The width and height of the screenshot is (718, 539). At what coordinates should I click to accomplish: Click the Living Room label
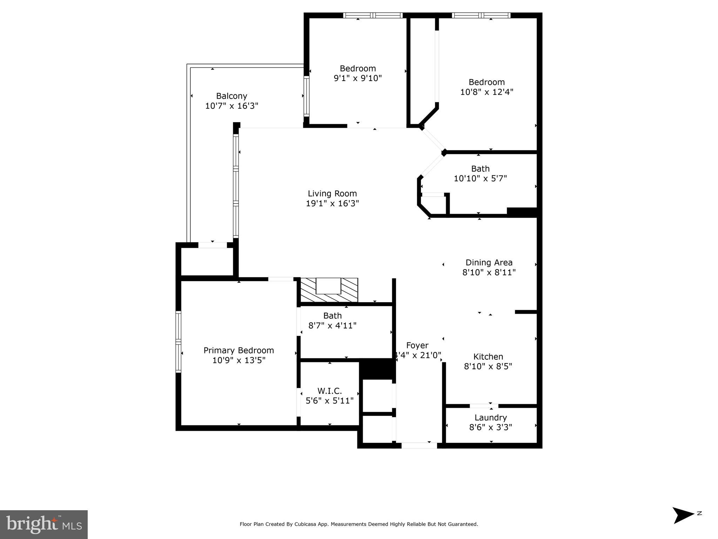click(x=332, y=193)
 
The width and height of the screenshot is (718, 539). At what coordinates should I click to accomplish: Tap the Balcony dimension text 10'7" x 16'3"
click(x=231, y=106)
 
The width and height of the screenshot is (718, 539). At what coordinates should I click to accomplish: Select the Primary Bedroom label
click(x=239, y=350)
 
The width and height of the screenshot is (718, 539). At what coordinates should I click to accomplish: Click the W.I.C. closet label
click(x=329, y=391)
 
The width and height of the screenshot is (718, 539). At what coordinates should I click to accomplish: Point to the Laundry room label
click(x=490, y=418)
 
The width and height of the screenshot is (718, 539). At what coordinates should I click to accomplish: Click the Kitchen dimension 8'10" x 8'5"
click(x=488, y=366)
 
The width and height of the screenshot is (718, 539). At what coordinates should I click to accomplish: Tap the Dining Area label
click(x=489, y=262)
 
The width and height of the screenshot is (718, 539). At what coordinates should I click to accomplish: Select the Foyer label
click(x=417, y=345)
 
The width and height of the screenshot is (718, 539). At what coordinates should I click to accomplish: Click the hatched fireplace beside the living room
click(x=329, y=290)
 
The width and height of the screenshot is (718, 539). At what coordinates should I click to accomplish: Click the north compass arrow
click(x=682, y=515)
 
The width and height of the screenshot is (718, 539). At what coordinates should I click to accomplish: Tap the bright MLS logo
click(x=44, y=524)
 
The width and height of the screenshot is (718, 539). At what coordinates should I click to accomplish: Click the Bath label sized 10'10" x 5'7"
click(x=480, y=168)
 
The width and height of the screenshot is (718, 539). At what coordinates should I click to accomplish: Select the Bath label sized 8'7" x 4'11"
click(x=332, y=315)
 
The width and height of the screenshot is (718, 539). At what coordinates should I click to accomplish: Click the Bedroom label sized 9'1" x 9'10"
click(x=357, y=68)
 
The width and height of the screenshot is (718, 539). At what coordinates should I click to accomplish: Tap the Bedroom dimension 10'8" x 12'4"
click(x=487, y=92)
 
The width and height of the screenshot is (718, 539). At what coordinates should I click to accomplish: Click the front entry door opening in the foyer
click(x=419, y=446)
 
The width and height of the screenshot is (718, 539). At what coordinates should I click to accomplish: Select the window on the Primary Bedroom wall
click(x=179, y=341)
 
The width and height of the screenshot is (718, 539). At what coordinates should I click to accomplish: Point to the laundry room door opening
click(x=484, y=406)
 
